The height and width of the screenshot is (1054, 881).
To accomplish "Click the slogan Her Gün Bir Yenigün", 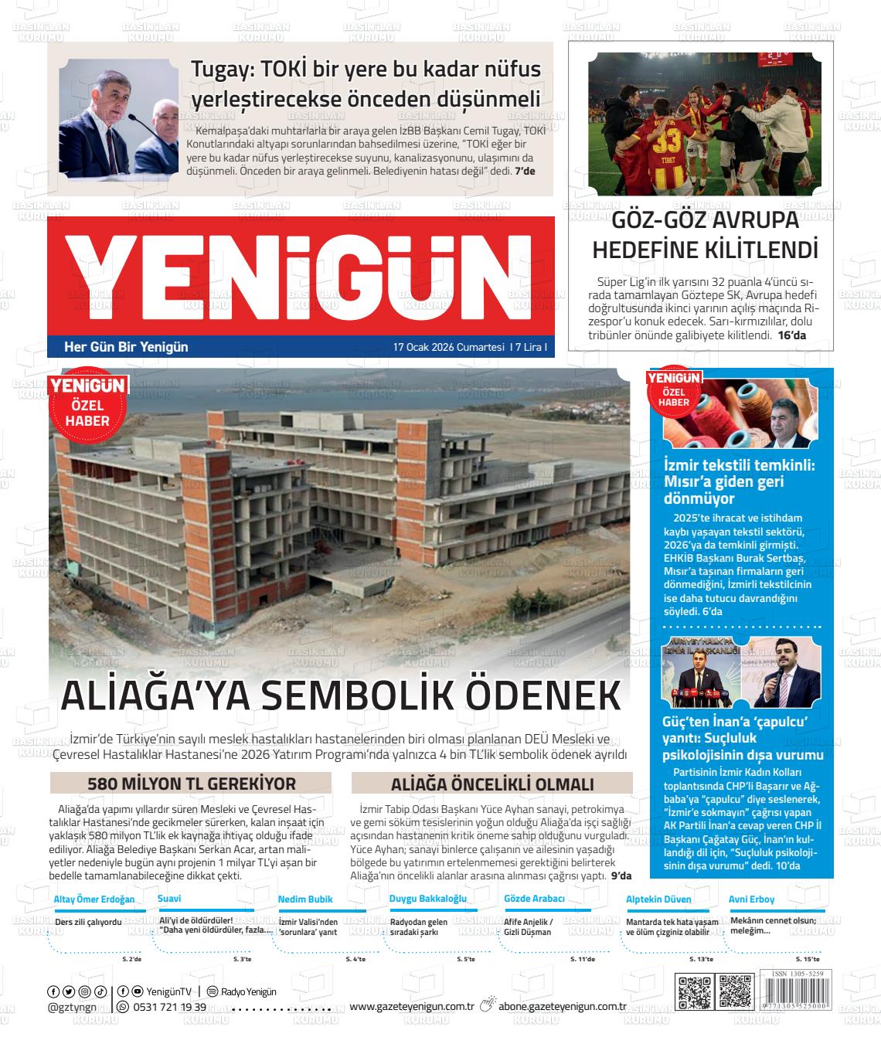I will click(x=126, y=347).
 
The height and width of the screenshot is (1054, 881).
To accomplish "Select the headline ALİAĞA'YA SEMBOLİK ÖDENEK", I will click(x=340, y=695).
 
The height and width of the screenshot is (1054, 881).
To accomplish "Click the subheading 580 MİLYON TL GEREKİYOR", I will click(x=191, y=783).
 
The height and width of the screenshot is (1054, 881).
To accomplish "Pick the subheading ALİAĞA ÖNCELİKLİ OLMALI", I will click(x=492, y=783).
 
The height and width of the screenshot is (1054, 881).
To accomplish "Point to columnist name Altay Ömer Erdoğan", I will click(x=94, y=899).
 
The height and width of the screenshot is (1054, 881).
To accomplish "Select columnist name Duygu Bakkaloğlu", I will click(x=427, y=899).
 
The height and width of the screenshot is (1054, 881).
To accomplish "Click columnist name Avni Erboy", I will click(x=751, y=899).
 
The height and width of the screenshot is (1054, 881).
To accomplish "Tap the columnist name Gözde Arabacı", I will click(x=534, y=899).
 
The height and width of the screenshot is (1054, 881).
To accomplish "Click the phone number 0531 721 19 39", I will click(x=169, y=1007).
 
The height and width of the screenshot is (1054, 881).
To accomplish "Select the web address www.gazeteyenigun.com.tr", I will click(x=411, y=1006).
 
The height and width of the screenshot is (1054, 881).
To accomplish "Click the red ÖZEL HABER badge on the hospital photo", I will click(x=87, y=406).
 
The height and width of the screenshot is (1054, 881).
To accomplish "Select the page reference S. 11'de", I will click(x=582, y=959).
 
